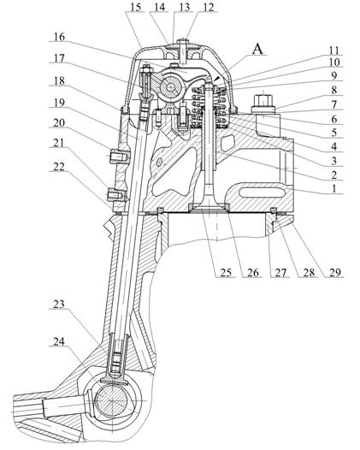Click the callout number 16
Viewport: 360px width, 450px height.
[59, 37]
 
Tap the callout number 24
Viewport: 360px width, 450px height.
[59, 341]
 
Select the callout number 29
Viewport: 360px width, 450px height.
[335, 272]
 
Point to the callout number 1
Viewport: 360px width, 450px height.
[333, 189]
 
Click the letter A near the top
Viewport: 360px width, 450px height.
[257, 50]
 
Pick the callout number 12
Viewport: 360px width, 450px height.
[208, 7]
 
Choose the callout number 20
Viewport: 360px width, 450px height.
[59, 123]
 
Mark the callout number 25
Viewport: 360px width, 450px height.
[226, 272]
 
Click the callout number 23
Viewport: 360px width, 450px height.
[59, 305]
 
